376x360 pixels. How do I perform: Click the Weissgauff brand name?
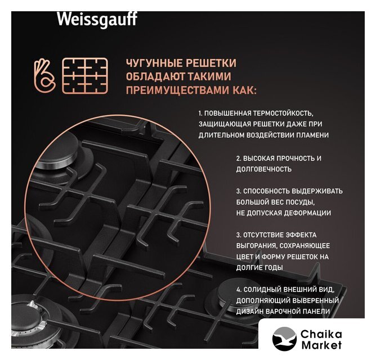pos(97,19)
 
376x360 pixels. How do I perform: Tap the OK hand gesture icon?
pos(44,75)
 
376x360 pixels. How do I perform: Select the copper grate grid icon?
pos(85,75)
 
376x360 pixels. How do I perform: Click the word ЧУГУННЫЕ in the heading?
pos(154,63)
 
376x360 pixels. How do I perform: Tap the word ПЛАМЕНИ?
pos(312,135)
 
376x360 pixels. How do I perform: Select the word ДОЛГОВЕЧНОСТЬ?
pos(264,169)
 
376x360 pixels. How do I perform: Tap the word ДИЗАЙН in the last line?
pos(249,312)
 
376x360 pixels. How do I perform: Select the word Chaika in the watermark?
pos(321,334)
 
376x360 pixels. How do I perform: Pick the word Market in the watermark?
pos(321,345)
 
